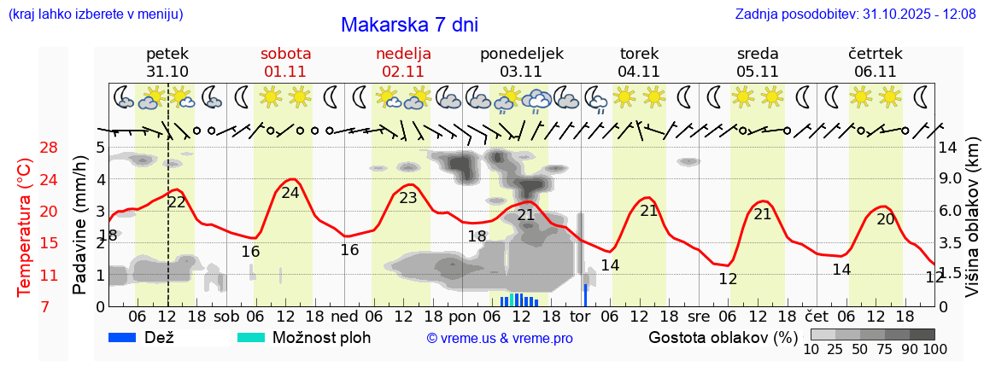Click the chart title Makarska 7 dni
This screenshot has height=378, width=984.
click(409, 25)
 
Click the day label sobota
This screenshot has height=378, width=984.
click(285, 54)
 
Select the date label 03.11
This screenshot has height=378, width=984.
click(521, 72)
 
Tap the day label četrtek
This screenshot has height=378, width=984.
click(875, 54)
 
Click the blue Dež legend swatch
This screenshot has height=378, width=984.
click(122, 337)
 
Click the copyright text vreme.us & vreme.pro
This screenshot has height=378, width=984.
click(500, 338)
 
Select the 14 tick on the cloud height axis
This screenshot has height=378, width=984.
click(947, 148)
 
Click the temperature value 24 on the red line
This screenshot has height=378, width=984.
click(290, 193)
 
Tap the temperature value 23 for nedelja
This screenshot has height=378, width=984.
click(408, 198)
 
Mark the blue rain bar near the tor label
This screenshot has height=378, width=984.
click(585, 294)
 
